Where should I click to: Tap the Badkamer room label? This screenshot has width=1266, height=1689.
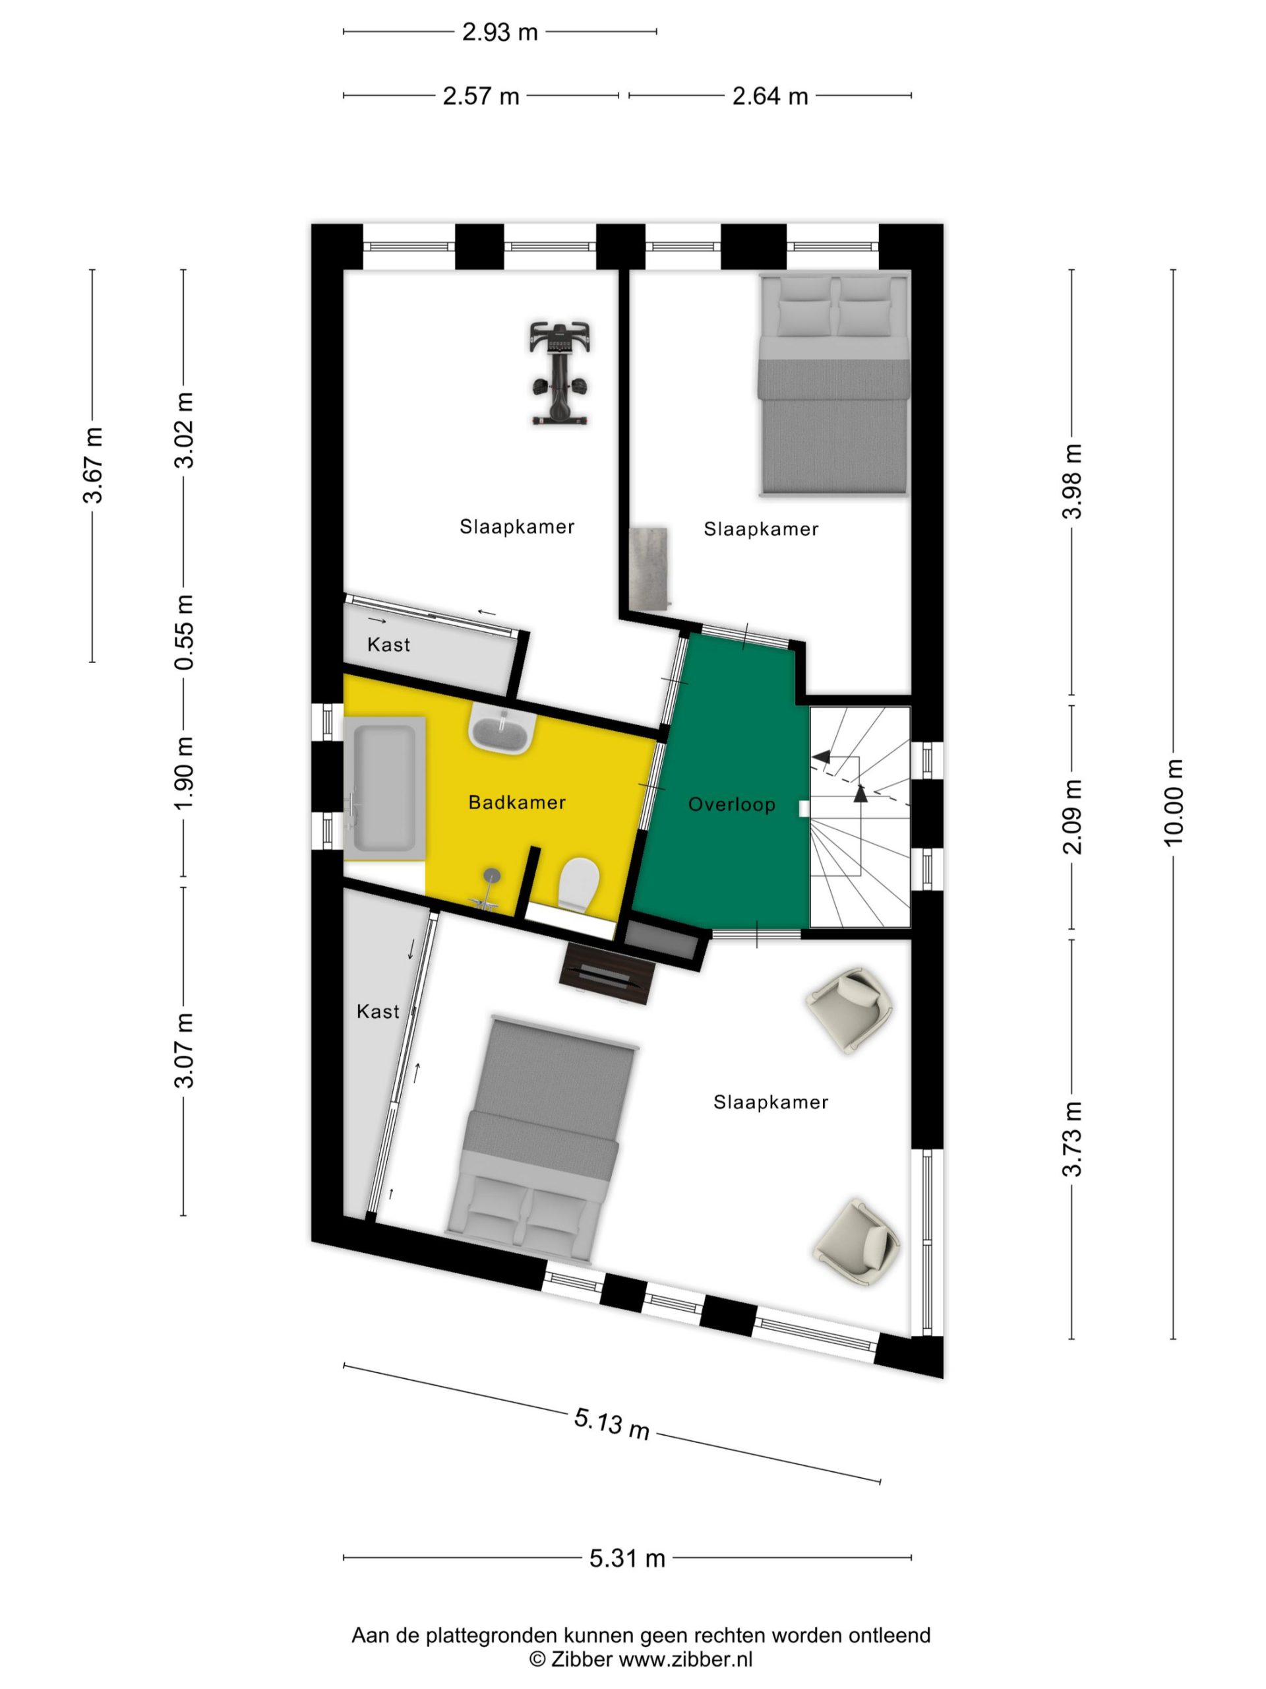point(517,802)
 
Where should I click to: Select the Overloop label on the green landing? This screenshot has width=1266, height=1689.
point(732,805)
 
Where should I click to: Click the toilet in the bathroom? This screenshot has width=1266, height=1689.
point(578,884)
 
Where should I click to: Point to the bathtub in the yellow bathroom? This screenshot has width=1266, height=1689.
point(384,787)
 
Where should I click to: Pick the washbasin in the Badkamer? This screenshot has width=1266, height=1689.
point(500,729)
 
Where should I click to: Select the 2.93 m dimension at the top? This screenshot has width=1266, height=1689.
point(500,32)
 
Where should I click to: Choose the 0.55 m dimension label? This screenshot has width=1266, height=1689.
point(184,632)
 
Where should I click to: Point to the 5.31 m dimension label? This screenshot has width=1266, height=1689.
point(627,1558)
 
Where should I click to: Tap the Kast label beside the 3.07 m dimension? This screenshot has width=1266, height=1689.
point(378,1011)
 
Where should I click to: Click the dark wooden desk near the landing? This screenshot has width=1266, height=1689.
point(608,974)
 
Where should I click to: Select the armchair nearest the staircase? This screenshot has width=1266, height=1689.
point(851,1010)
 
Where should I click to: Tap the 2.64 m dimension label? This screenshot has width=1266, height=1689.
point(770,96)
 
